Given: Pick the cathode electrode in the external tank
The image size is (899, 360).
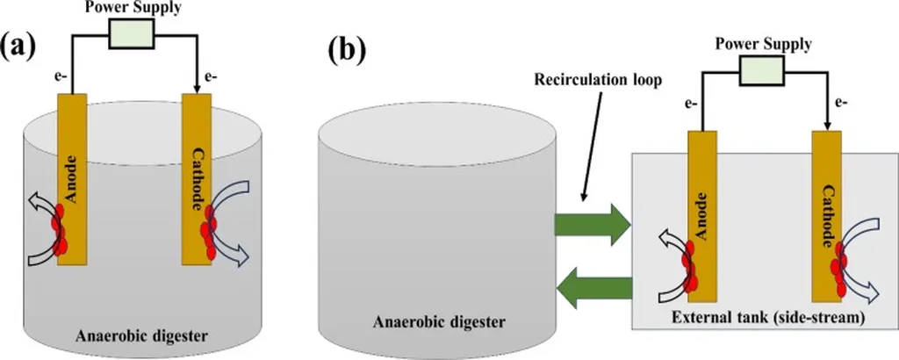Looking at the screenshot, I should coord(831,220).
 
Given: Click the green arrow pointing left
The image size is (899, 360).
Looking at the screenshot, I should coord(596,291).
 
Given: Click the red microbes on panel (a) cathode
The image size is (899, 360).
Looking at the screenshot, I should coord(207,233).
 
